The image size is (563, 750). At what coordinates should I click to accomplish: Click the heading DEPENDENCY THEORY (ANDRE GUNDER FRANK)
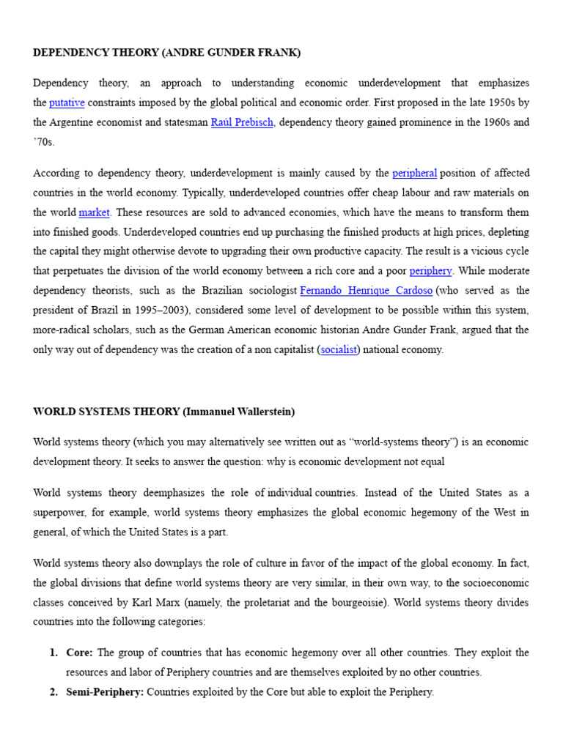click(x=167, y=53)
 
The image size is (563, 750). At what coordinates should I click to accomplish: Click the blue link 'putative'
click(x=67, y=103)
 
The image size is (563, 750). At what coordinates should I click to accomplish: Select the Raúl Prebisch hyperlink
click(x=242, y=122)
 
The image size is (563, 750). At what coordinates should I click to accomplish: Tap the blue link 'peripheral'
click(x=415, y=174)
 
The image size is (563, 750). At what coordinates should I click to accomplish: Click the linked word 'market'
click(x=94, y=212)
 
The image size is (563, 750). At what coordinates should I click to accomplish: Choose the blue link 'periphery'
click(x=431, y=271)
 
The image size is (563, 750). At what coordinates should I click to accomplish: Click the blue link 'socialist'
click(x=339, y=349)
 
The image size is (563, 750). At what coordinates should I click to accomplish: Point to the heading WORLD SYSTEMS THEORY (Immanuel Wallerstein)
click(x=164, y=412)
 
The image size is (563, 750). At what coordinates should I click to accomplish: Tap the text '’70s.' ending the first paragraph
click(x=44, y=142)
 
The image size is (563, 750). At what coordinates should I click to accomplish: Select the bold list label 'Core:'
click(x=81, y=653)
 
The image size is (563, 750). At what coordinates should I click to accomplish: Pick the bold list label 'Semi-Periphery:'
click(x=105, y=691)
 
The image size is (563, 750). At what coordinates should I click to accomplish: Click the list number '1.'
click(x=54, y=653)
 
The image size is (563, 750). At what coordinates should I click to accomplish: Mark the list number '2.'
click(x=54, y=691)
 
